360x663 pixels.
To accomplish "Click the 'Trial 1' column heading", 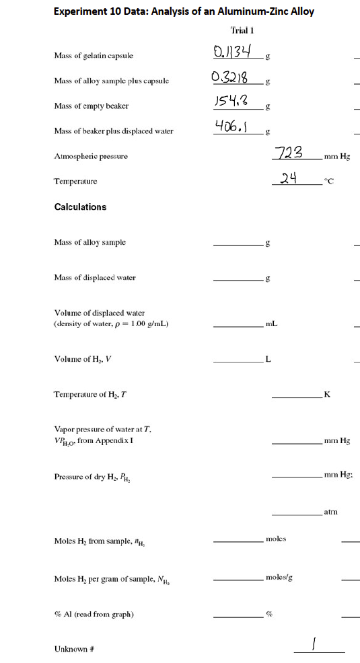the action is pyautogui.click(x=242, y=31).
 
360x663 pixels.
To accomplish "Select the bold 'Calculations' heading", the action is pyautogui.click(x=80, y=207).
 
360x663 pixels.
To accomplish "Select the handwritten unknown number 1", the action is pyautogui.click(x=312, y=645).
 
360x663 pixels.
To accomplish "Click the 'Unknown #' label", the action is pyautogui.click(x=73, y=650).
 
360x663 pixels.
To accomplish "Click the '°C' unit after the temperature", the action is pyautogui.click(x=330, y=182).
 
